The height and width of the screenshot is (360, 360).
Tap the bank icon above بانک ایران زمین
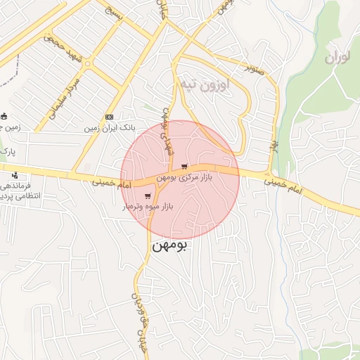[109, 117]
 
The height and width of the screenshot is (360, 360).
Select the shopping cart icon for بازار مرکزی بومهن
[184, 167]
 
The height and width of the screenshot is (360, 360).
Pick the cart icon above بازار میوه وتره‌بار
[148, 196]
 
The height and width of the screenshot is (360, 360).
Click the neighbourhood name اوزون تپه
[205, 86]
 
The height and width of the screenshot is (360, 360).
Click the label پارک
[6, 151]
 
